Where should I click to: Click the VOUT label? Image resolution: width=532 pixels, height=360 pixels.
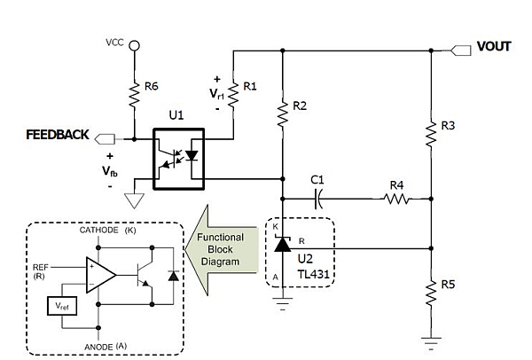tap(493, 46)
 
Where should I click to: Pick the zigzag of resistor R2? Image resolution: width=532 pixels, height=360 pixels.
tap(281, 114)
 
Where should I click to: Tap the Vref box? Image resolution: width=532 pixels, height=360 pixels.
tap(63, 306)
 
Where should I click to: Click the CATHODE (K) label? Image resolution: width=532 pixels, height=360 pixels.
tap(106, 230)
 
